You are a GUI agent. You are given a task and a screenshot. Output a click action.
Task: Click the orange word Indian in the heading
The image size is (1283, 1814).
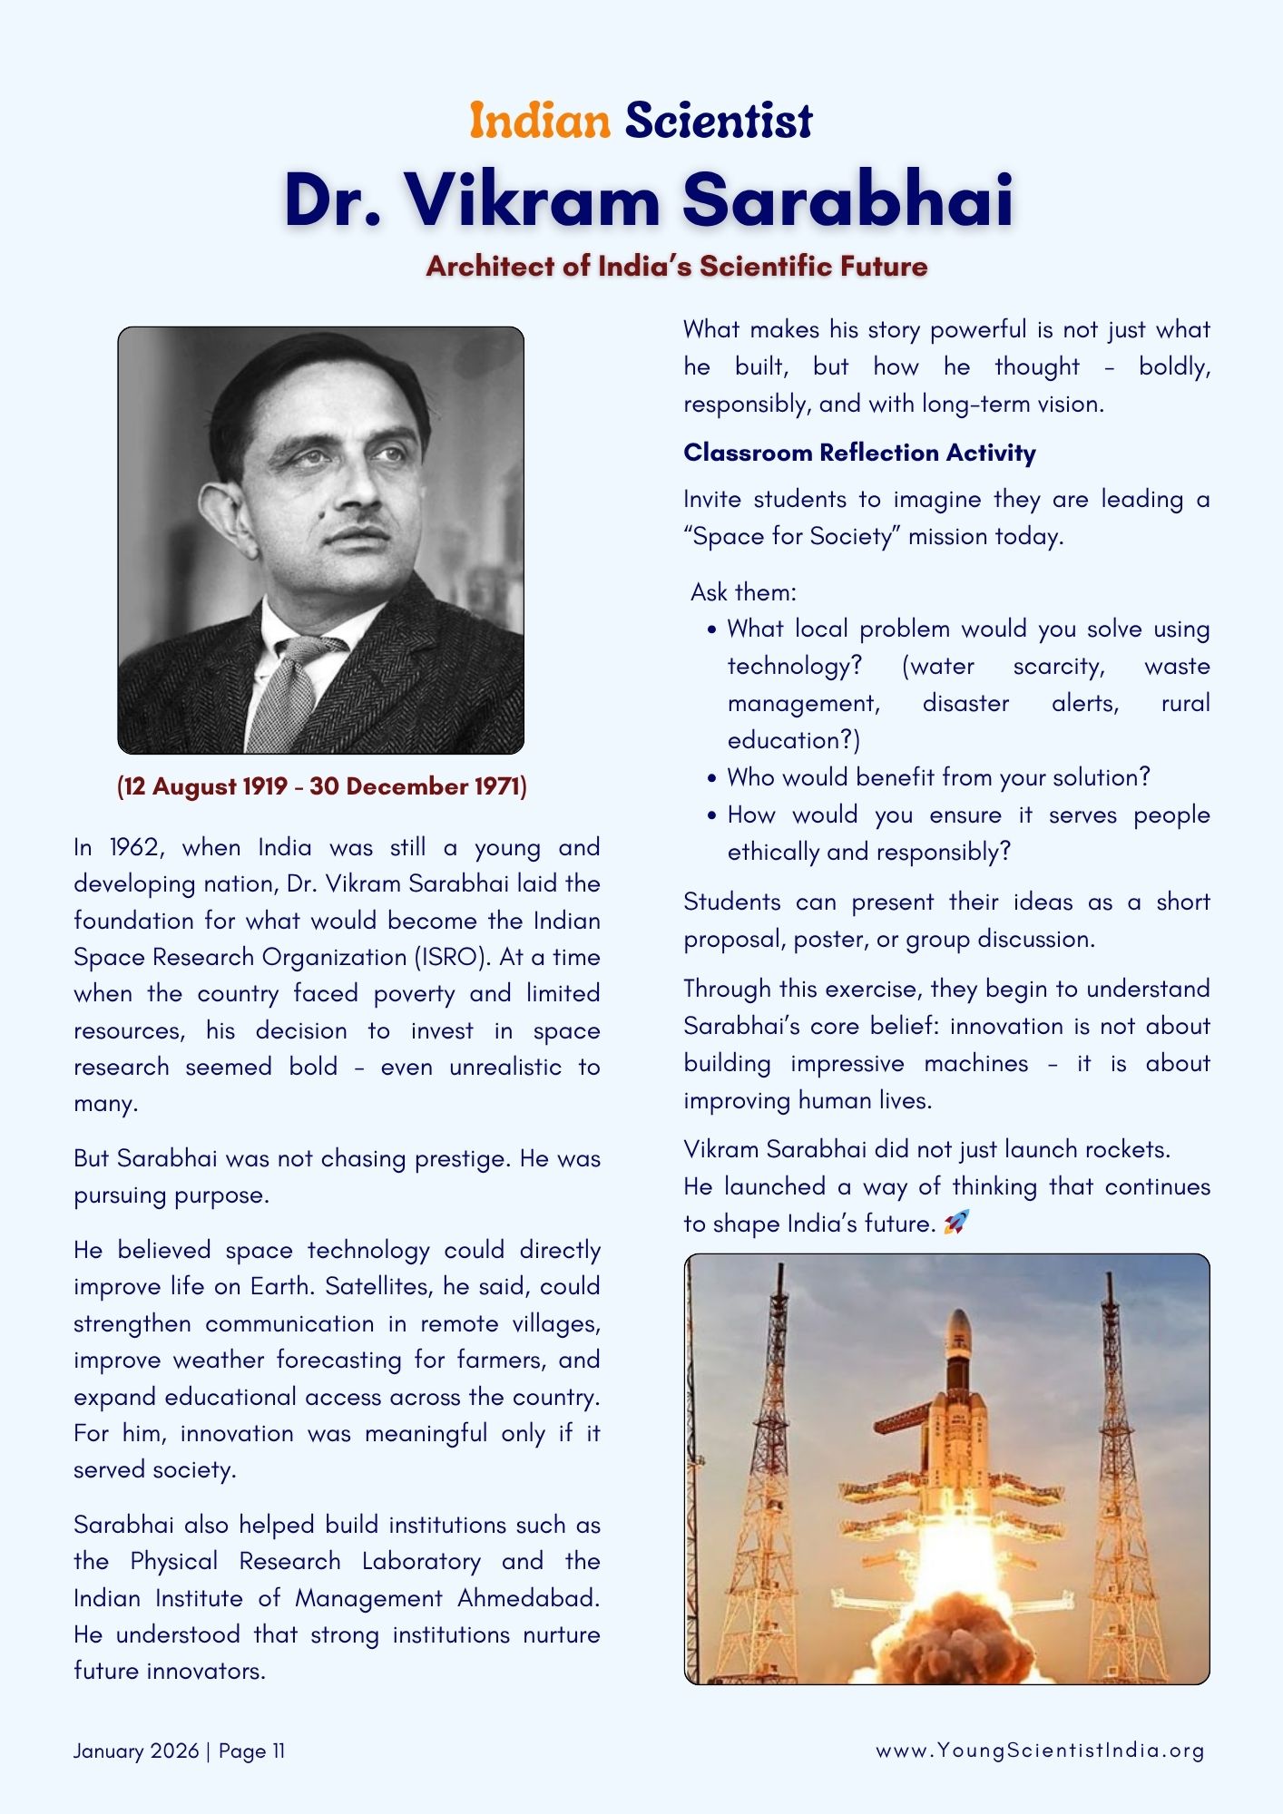coord(540,121)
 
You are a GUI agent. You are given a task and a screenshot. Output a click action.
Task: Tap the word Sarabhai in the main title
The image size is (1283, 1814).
coord(847,199)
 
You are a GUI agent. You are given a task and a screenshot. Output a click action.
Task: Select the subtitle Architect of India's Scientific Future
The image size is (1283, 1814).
coord(677,266)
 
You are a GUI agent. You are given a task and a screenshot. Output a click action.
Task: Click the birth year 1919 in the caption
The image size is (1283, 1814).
coord(264,786)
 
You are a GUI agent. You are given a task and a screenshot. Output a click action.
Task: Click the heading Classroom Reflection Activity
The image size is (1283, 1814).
coord(859,453)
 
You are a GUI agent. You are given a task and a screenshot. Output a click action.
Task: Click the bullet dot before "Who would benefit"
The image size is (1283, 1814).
coord(712,778)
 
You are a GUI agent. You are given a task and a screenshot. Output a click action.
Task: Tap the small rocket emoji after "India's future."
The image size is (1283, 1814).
coord(956,1223)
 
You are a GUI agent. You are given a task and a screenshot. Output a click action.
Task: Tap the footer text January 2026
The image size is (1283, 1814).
coord(136,1751)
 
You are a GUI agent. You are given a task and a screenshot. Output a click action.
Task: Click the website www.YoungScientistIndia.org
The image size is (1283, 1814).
coord(1040,1751)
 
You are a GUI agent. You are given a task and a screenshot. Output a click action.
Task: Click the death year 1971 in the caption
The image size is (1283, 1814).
coord(498,786)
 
